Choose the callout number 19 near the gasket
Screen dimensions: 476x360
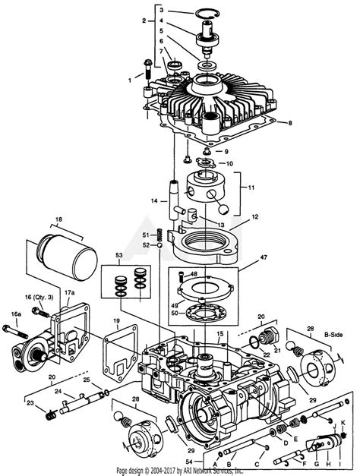click(116, 321)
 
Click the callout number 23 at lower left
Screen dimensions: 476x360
click(31, 403)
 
